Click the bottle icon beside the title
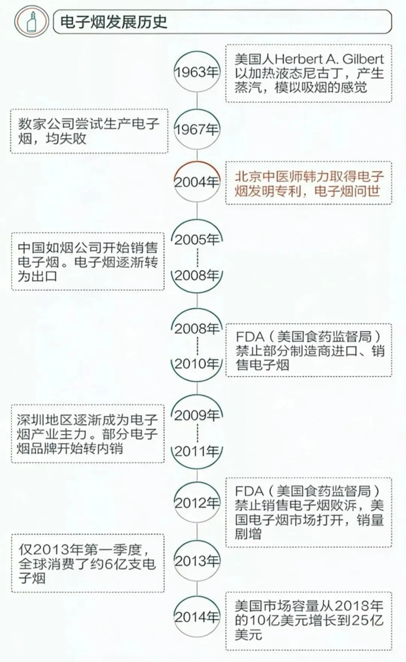click(x=32, y=21)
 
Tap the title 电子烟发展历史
click(x=113, y=22)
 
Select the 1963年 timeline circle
click(x=197, y=72)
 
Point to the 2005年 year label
click(x=197, y=239)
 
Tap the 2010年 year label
click(x=197, y=364)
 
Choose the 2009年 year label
click(x=197, y=415)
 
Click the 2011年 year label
click(x=197, y=451)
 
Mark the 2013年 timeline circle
click(x=197, y=561)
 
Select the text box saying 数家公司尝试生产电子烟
click(x=89, y=131)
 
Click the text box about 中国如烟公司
click(x=88, y=261)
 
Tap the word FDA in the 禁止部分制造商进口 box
click(x=250, y=337)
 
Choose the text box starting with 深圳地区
click(x=88, y=434)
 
